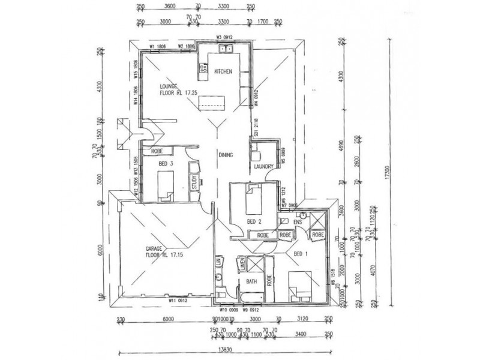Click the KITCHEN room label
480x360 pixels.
(x=223, y=72)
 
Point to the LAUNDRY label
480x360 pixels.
(x=264, y=167)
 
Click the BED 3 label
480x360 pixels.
(x=166, y=163)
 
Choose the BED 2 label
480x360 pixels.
(x=254, y=221)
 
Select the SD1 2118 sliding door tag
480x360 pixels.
(x=256, y=128)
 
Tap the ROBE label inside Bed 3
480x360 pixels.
(x=158, y=151)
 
